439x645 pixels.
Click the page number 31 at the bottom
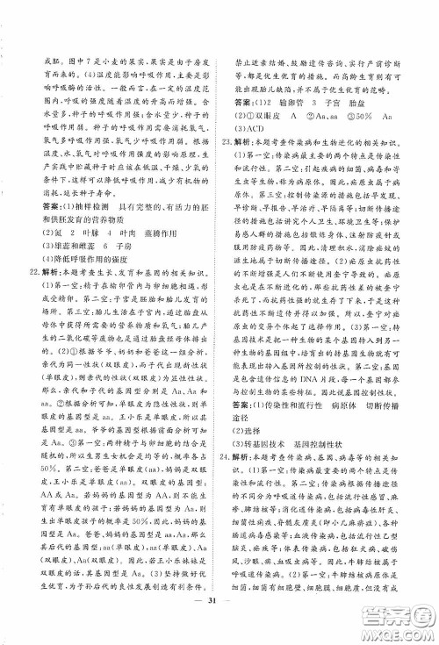click(219, 623)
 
